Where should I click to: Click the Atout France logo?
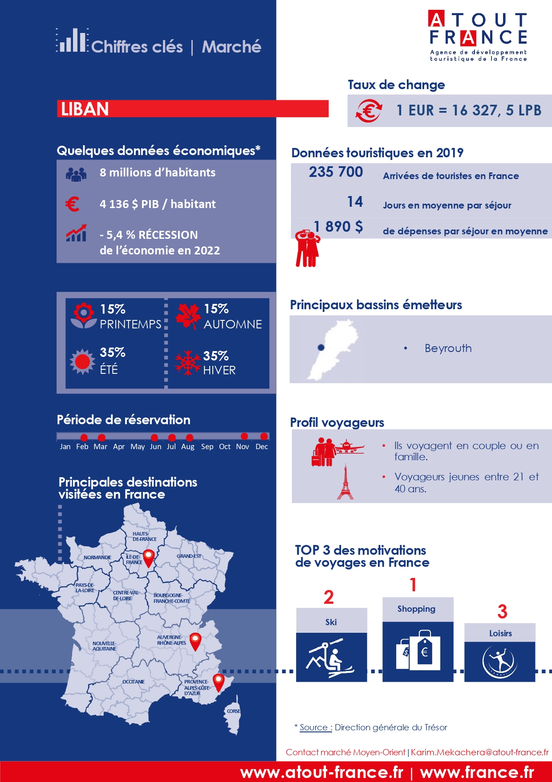point(478,36)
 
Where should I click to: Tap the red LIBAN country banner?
point(192,109)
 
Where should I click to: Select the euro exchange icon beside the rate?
point(369,111)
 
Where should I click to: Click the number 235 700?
point(336,172)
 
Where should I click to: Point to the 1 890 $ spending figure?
point(338,227)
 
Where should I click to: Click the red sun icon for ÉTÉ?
point(82,361)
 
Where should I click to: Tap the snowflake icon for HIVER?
point(188,362)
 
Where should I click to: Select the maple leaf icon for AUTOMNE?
point(187,316)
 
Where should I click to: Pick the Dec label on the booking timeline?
point(262,446)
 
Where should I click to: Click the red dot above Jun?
point(154,438)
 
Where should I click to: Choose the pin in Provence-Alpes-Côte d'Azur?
point(218,682)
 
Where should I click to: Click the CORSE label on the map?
point(233,711)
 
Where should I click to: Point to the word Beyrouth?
point(448,348)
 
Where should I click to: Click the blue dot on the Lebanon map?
point(321,348)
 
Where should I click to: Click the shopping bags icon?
point(418,650)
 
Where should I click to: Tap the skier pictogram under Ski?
point(331,657)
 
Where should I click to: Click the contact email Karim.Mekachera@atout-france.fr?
point(479,752)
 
